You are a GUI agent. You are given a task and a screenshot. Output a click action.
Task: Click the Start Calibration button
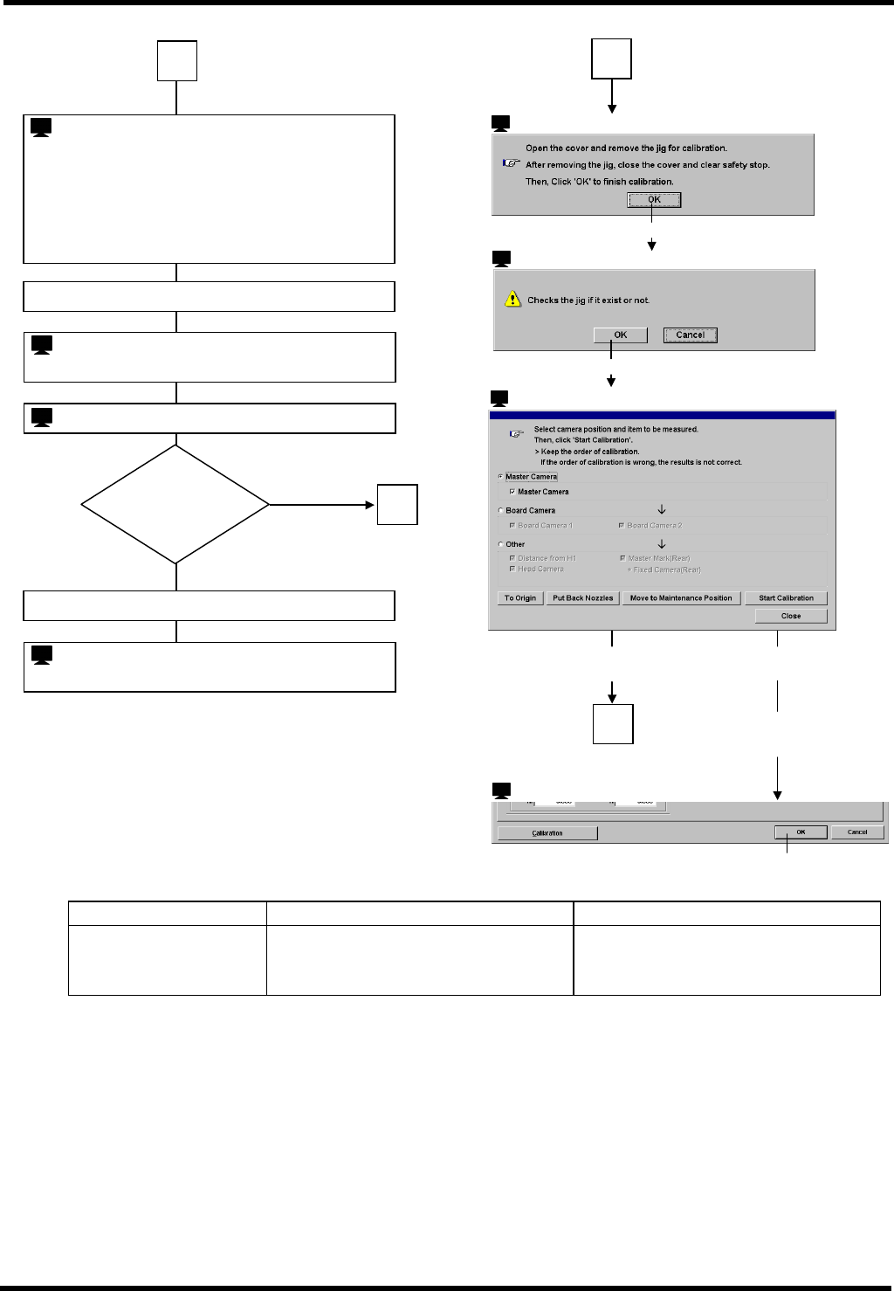(786, 598)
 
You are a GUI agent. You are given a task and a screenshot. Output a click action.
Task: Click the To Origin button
(520, 598)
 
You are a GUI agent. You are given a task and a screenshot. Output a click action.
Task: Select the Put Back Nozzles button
(583, 598)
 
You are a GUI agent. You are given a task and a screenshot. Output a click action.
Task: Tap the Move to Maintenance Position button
(681, 598)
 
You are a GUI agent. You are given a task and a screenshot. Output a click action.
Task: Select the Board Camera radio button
(501, 510)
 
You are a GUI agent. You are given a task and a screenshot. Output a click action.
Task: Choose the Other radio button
(501, 544)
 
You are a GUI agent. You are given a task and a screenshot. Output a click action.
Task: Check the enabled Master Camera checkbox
(512, 492)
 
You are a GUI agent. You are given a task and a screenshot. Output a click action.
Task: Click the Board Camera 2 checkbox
(622, 526)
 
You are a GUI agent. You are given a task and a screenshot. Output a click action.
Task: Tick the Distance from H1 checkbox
(512, 558)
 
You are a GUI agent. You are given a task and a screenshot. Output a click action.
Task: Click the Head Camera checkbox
(512, 570)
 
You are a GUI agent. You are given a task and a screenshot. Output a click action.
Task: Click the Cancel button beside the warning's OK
(690, 335)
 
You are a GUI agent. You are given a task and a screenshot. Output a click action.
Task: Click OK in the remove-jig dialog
(654, 200)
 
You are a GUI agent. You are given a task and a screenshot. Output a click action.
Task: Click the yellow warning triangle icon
(512, 300)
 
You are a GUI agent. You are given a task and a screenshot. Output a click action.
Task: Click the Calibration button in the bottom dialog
(547, 833)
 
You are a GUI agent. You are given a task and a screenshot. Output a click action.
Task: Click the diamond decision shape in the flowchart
(175, 504)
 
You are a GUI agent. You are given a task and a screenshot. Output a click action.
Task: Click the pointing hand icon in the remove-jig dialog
(512, 163)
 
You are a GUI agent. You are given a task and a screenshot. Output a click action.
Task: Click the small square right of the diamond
(397, 505)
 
